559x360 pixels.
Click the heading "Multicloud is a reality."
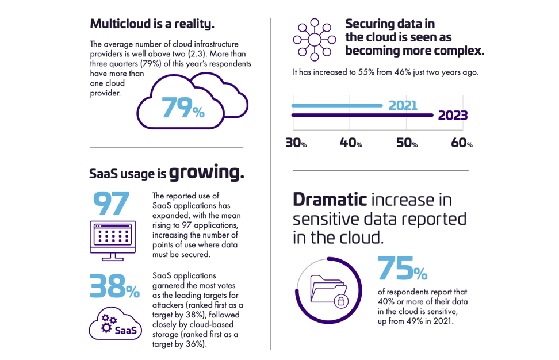152,24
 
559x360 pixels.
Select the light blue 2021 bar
337,106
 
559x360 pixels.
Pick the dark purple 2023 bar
362,116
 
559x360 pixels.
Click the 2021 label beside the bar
403,106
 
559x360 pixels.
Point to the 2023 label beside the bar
453,116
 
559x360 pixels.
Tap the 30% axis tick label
296,143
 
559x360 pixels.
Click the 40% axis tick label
351,143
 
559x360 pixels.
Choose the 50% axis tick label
406,143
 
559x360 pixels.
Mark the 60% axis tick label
461,143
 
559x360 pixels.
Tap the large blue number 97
112,203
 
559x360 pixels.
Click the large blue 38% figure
114,286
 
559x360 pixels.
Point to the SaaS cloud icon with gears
114,324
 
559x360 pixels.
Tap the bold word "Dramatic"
330,200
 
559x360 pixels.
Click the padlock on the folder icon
340,301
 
